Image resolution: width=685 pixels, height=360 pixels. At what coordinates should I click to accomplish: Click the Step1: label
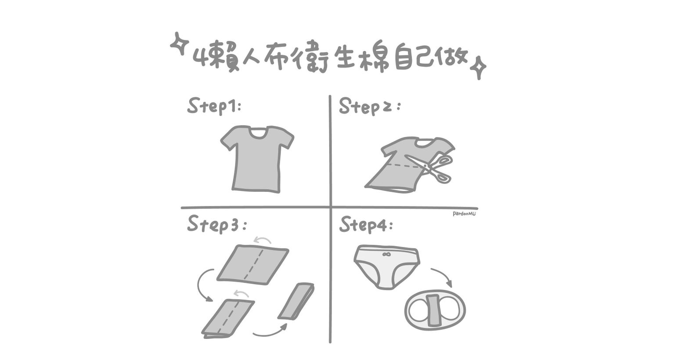click(x=214, y=106)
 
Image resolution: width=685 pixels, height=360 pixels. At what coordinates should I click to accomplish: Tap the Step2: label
click(x=369, y=106)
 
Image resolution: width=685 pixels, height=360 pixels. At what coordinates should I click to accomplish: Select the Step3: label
click(x=217, y=224)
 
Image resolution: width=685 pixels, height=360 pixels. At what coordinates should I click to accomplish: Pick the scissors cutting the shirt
click(x=431, y=167)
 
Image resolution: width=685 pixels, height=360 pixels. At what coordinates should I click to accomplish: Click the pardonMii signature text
click(x=464, y=213)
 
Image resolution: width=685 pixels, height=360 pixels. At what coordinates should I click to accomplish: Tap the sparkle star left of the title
click(x=180, y=43)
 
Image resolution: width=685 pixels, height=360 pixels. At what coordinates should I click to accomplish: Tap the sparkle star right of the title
click(x=478, y=68)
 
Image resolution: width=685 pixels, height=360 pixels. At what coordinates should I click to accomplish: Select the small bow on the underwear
click(x=386, y=254)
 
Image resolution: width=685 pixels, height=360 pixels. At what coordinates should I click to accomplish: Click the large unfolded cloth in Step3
click(x=252, y=264)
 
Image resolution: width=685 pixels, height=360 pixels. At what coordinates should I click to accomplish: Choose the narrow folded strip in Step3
click(x=296, y=301)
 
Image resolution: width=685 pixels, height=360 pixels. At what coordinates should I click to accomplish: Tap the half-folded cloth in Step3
click(x=228, y=318)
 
